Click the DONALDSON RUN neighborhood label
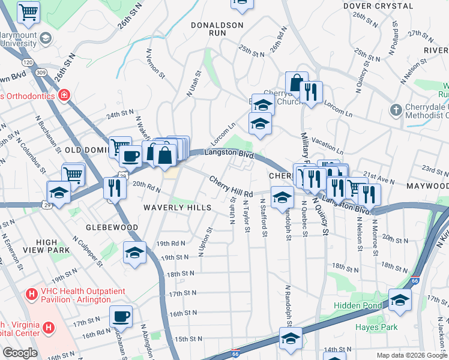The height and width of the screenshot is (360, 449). point(217,30)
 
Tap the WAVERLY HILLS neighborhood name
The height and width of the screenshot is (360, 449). point(177,208)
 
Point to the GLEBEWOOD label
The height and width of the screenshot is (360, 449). point(112,228)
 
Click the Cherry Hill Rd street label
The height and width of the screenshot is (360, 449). point(231,187)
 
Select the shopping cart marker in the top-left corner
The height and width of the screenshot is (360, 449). point(28,11)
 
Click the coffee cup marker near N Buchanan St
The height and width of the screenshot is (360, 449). point(121,315)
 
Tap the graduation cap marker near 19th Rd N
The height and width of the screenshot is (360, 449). point(135,252)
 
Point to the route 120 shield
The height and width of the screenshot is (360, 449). point(28,62)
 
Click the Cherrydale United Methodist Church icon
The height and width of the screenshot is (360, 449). point(395,110)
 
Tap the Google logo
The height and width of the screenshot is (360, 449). point(20,353)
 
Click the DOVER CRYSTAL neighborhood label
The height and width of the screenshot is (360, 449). point(378,6)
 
